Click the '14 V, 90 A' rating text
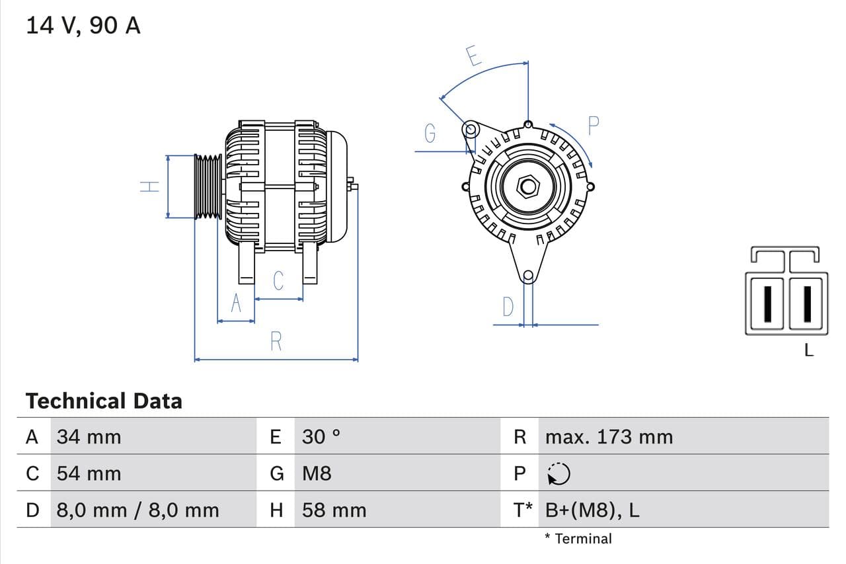click(83, 26)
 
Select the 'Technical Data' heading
click(104, 401)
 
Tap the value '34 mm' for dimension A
click(89, 436)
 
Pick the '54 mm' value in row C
click(89, 473)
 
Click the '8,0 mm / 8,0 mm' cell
click(137, 510)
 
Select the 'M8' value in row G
click(317, 473)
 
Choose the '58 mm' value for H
click(334, 510)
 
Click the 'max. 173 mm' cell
click(609, 436)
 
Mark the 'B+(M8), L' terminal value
click(592, 510)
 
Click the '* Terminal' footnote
click(578, 538)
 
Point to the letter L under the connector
click(809, 350)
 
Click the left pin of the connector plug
click(767, 303)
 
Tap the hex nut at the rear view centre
click(527, 186)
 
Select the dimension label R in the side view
click(276, 341)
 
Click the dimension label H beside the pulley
click(151, 186)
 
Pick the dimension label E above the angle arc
click(473, 56)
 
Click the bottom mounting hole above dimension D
click(527, 276)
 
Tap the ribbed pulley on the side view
click(208, 186)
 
